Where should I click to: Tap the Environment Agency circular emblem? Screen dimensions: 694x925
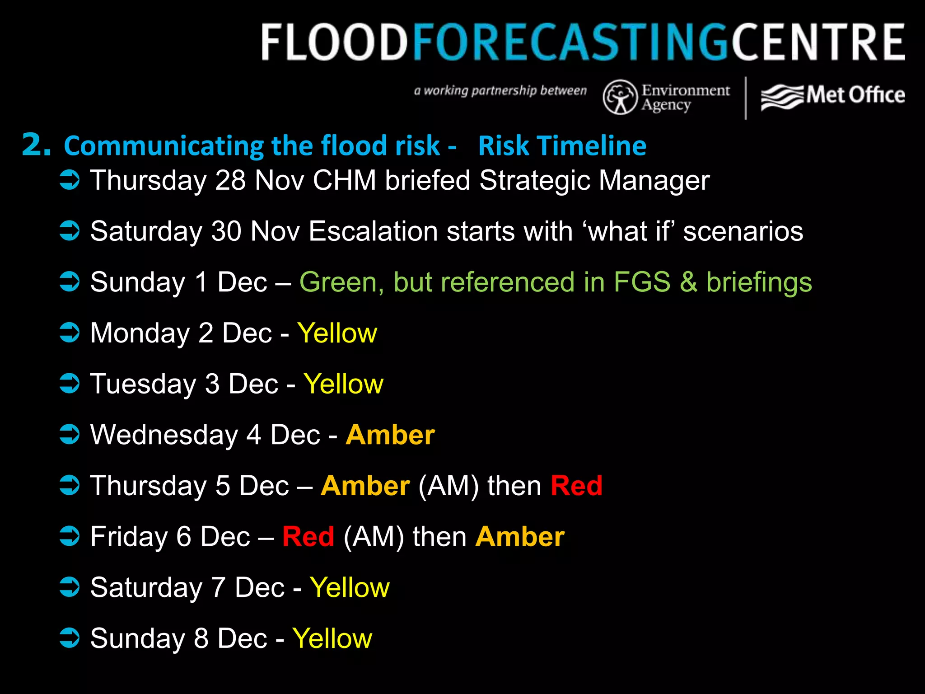(x=620, y=97)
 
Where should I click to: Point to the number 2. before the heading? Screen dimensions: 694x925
(x=36, y=145)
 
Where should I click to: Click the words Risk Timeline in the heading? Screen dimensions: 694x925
(x=562, y=146)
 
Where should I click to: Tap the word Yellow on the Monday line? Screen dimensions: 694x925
(x=337, y=333)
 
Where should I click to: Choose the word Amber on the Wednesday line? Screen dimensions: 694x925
(x=390, y=435)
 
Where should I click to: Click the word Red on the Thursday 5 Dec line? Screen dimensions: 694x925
(x=576, y=486)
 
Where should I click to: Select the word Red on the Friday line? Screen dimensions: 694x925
(x=308, y=537)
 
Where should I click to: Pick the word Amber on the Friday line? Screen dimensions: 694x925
(x=520, y=537)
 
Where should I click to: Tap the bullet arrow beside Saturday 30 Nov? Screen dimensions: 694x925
(x=70, y=231)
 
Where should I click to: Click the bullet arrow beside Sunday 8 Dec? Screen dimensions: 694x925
(x=70, y=638)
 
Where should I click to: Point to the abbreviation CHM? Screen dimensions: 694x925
(x=344, y=181)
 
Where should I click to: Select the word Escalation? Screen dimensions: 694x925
(x=374, y=231)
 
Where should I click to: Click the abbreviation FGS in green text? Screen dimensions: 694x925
(x=642, y=282)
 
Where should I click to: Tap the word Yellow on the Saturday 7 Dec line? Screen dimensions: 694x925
(x=350, y=588)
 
